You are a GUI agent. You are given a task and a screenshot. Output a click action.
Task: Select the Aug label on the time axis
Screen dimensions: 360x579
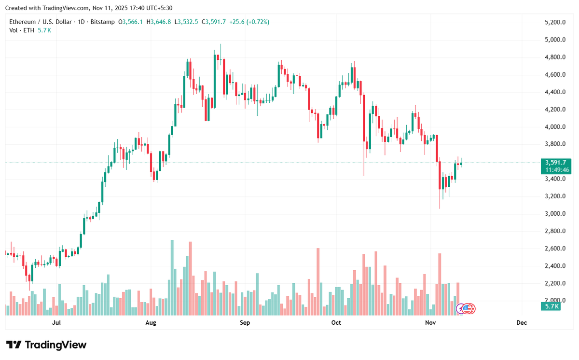pyautogui.click(x=151, y=322)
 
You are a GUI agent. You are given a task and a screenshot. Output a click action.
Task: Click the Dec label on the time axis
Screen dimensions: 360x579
pyautogui.click(x=521, y=322)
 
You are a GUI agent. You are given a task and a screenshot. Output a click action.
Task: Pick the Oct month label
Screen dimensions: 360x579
pyautogui.click(x=336, y=322)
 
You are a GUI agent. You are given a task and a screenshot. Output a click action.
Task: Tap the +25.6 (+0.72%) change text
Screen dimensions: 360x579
pyautogui.click(x=249, y=22)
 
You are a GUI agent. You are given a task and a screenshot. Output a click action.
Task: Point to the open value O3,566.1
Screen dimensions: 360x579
pyautogui.click(x=134, y=22)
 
